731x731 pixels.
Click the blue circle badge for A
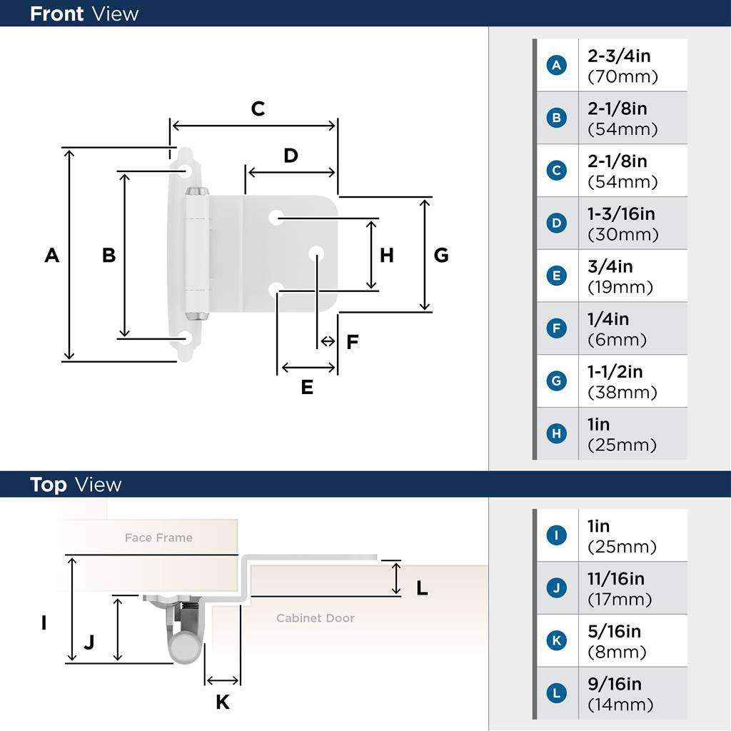[556, 66]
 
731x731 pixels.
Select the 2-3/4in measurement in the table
[619, 56]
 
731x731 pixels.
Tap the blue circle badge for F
[556, 328]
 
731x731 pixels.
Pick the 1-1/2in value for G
[615, 372]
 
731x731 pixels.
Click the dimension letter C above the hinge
[258, 109]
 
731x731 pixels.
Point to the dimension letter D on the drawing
[291, 156]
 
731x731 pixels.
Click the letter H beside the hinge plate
[386, 255]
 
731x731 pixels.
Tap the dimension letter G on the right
[441, 255]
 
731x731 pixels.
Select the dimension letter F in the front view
[352, 342]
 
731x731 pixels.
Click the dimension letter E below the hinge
[307, 387]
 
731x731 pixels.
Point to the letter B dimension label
[109, 255]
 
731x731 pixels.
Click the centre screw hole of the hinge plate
[316, 253]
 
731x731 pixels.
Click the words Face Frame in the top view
[158, 538]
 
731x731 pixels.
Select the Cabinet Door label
[316, 618]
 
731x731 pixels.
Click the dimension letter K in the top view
[223, 702]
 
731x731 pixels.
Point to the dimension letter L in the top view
[422, 588]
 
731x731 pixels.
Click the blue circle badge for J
[556, 588]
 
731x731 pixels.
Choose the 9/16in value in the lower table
[615, 685]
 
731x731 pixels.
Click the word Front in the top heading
[56, 14]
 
